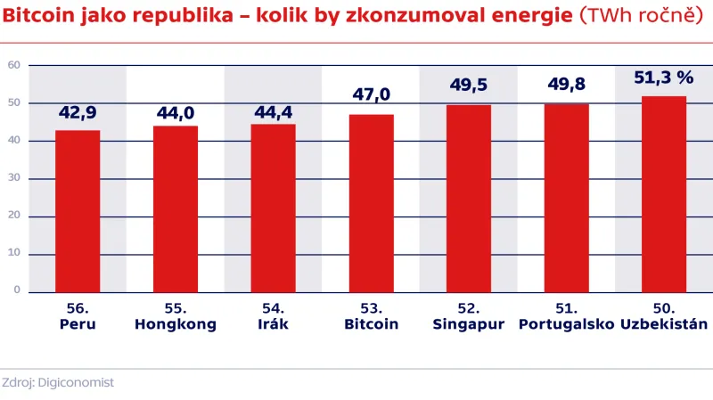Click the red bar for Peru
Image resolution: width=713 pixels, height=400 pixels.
tap(78, 211)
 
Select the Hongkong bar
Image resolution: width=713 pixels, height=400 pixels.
tap(176, 208)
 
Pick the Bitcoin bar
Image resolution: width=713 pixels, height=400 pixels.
tap(371, 203)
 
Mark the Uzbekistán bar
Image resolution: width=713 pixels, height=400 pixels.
tap(664, 194)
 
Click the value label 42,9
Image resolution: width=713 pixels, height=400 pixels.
tap(78, 113)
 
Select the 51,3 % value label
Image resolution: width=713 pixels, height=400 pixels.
tap(664, 78)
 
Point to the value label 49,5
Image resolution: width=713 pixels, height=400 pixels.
tap(469, 86)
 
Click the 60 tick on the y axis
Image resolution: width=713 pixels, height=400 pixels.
tap(14, 65)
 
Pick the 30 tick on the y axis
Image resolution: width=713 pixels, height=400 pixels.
tap(14, 178)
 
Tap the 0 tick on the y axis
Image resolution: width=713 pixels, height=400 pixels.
tap(17, 290)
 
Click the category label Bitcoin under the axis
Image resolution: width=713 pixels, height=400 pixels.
tap(371, 324)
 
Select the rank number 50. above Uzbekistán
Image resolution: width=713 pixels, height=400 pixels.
tap(664, 308)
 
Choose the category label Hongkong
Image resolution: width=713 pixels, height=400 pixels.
tap(176, 324)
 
